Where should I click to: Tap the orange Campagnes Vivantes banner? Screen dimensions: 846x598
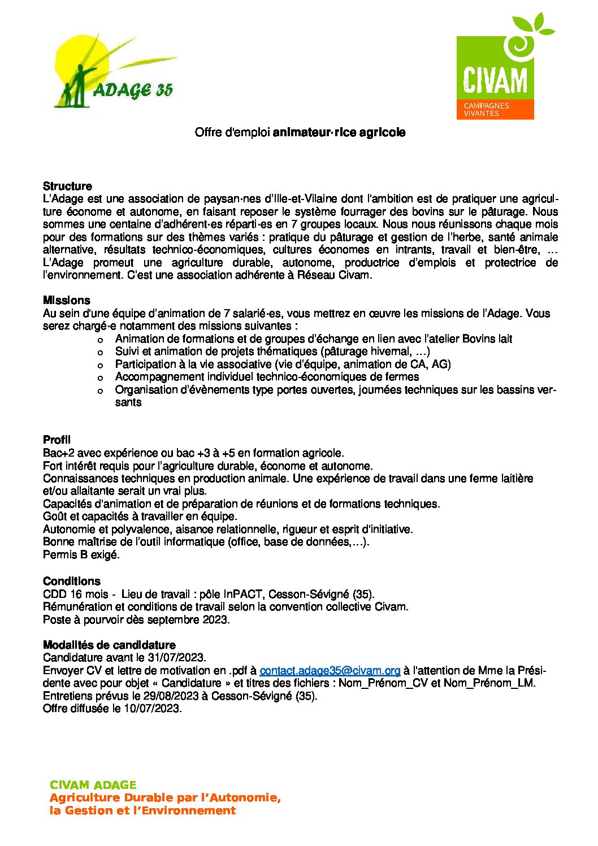point(495,109)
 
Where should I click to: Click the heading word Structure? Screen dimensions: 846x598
point(67,186)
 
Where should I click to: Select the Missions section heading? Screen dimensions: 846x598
point(67,300)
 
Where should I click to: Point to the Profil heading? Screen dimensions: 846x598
point(57,440)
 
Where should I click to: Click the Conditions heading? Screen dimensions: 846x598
point(72,581)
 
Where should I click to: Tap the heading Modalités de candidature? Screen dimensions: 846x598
point(109,645)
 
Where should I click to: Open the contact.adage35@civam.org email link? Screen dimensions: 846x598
point(330,670)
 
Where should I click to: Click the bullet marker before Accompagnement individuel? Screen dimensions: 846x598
point(101,378)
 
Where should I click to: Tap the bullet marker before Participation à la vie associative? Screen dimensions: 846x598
point(101,365)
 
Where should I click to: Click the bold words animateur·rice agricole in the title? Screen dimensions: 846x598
point(339,132)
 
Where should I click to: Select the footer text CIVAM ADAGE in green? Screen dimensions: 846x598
point(93,784)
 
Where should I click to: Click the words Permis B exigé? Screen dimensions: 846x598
point(81,554)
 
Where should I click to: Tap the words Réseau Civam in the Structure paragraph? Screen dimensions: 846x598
point(333,275)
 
